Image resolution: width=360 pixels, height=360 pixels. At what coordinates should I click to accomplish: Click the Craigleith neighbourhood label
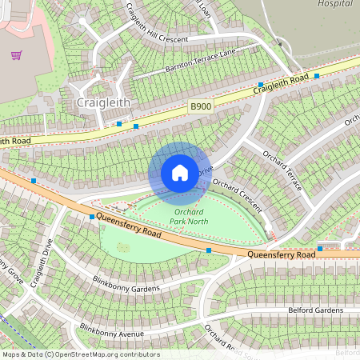point(102,103)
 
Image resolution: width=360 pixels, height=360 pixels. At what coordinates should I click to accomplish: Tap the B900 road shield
point(199,106)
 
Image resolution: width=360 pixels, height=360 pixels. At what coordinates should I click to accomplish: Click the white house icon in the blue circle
point(179,173)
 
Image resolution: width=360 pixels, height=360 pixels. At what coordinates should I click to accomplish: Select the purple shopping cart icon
point(16,55)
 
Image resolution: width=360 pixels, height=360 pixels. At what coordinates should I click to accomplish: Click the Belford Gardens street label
point(314,309)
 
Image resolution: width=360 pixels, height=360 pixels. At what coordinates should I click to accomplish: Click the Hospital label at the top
point(334,4)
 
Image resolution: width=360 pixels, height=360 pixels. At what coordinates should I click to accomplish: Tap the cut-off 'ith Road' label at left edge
point(15,142)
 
